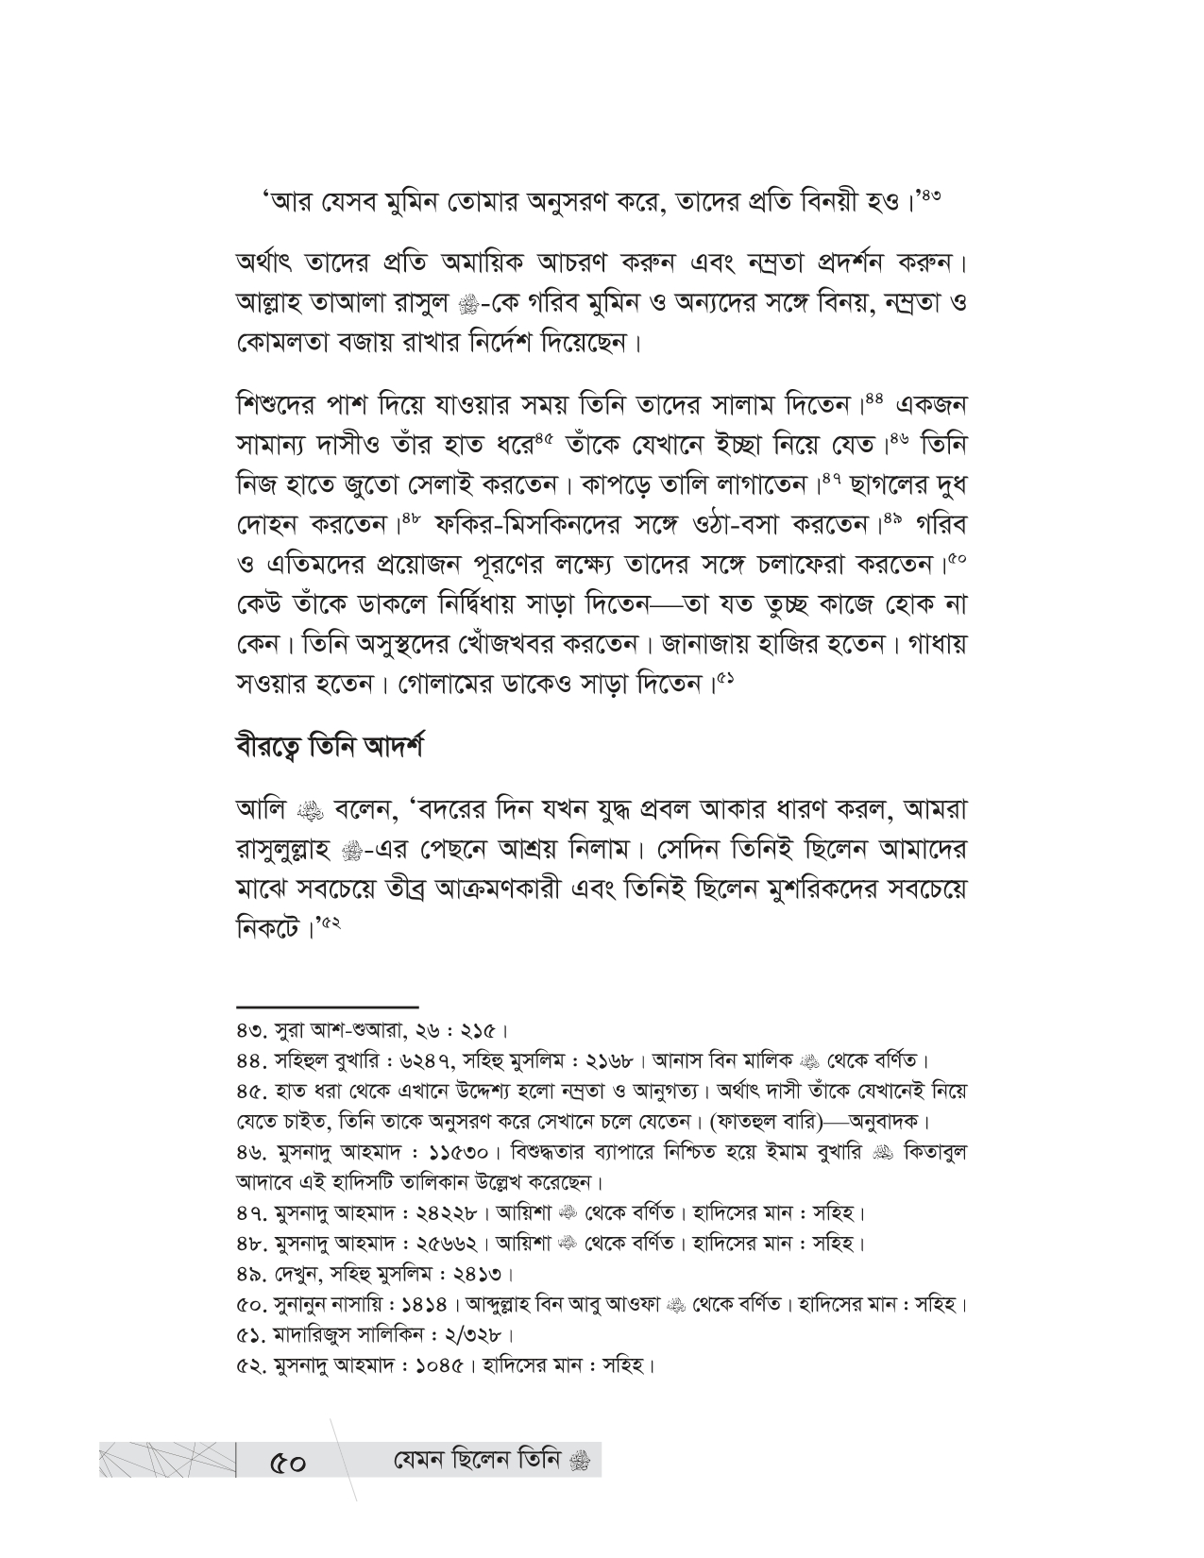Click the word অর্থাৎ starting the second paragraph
(267, 261)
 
